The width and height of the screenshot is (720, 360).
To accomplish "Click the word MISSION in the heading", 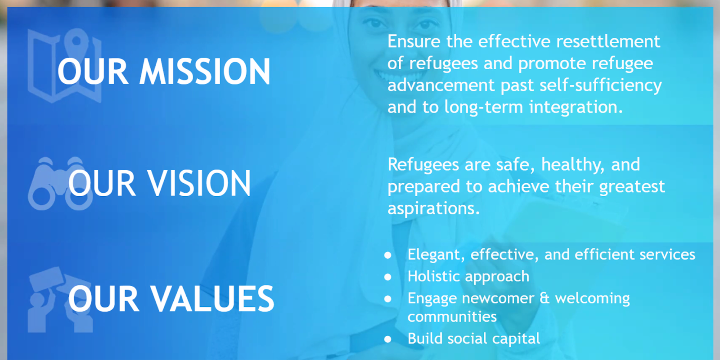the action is point(205,72).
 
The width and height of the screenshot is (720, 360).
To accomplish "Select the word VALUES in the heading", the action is point(212,299).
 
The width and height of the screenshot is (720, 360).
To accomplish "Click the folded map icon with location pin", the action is point(65,66).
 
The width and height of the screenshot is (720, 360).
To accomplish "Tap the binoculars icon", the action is point(60,184).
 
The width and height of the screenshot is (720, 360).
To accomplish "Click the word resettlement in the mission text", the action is point(608,41).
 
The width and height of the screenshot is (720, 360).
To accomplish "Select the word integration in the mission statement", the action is point(576,108).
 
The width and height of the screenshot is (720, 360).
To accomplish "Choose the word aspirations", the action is point(434,209).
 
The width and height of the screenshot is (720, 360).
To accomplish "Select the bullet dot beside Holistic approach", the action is point(388,277).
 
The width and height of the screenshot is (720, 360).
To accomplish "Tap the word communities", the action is point(452,317).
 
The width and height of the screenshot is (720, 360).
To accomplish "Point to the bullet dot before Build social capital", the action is point(388,339).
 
